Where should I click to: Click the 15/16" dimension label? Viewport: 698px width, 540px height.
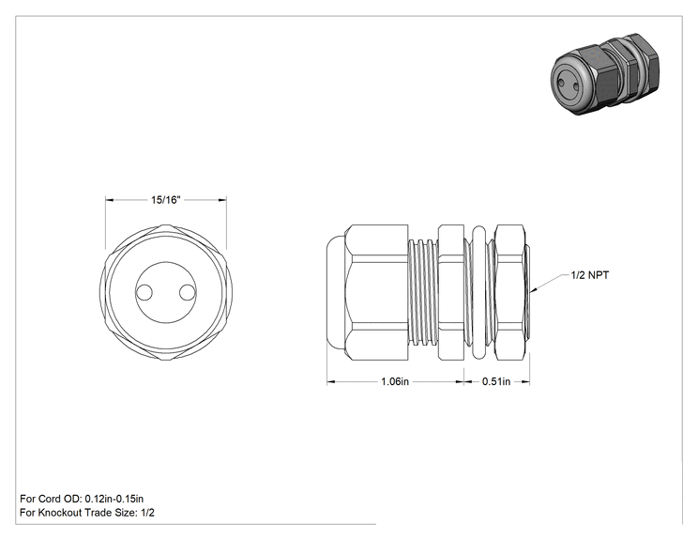click(x=166, y=200)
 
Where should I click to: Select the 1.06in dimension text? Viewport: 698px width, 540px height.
click(x=395, y=382)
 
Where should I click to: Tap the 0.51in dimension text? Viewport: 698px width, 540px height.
click(x=496, y=382)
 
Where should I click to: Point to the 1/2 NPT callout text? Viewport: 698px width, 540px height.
click(x=590, y=275)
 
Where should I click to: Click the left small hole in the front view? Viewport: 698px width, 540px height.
click(x=144, y=293)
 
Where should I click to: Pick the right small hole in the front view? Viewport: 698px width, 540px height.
click(x=188, y=293)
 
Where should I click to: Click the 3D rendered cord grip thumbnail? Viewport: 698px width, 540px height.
click(x=605, y=74)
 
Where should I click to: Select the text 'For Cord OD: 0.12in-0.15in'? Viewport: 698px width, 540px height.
click(x=82, y=499)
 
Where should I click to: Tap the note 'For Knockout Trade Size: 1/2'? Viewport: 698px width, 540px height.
click(x=87, y=513)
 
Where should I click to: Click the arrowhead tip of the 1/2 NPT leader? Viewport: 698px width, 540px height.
click(x=530, y=292)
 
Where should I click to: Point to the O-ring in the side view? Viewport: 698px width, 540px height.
click(x=479, y=292)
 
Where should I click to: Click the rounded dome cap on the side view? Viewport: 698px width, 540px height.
click(x=336, y=292)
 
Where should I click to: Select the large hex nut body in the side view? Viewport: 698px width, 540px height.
click(x=376, y=292)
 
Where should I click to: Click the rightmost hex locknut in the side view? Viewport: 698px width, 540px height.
click(x=509, y=292)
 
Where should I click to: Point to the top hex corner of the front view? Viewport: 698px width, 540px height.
click(x=166, y=225)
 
